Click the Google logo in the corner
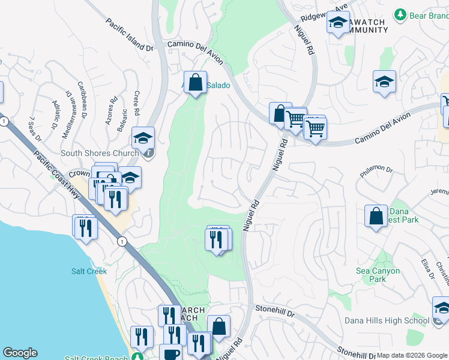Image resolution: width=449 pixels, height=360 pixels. tap(20, 353)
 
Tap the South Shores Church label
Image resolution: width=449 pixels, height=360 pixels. tap(100, 153)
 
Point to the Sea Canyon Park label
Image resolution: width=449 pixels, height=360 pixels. tap(378, 275)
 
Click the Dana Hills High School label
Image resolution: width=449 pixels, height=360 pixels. tap(388, 320)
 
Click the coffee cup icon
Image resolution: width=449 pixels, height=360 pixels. tap(170, 353)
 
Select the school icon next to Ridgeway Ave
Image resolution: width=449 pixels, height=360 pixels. tap(338, 23)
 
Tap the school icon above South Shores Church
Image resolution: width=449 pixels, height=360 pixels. tap(143, 138)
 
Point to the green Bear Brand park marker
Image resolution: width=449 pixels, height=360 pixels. tap(400, 14)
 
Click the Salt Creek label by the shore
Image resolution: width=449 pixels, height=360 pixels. tap(89, 271)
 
